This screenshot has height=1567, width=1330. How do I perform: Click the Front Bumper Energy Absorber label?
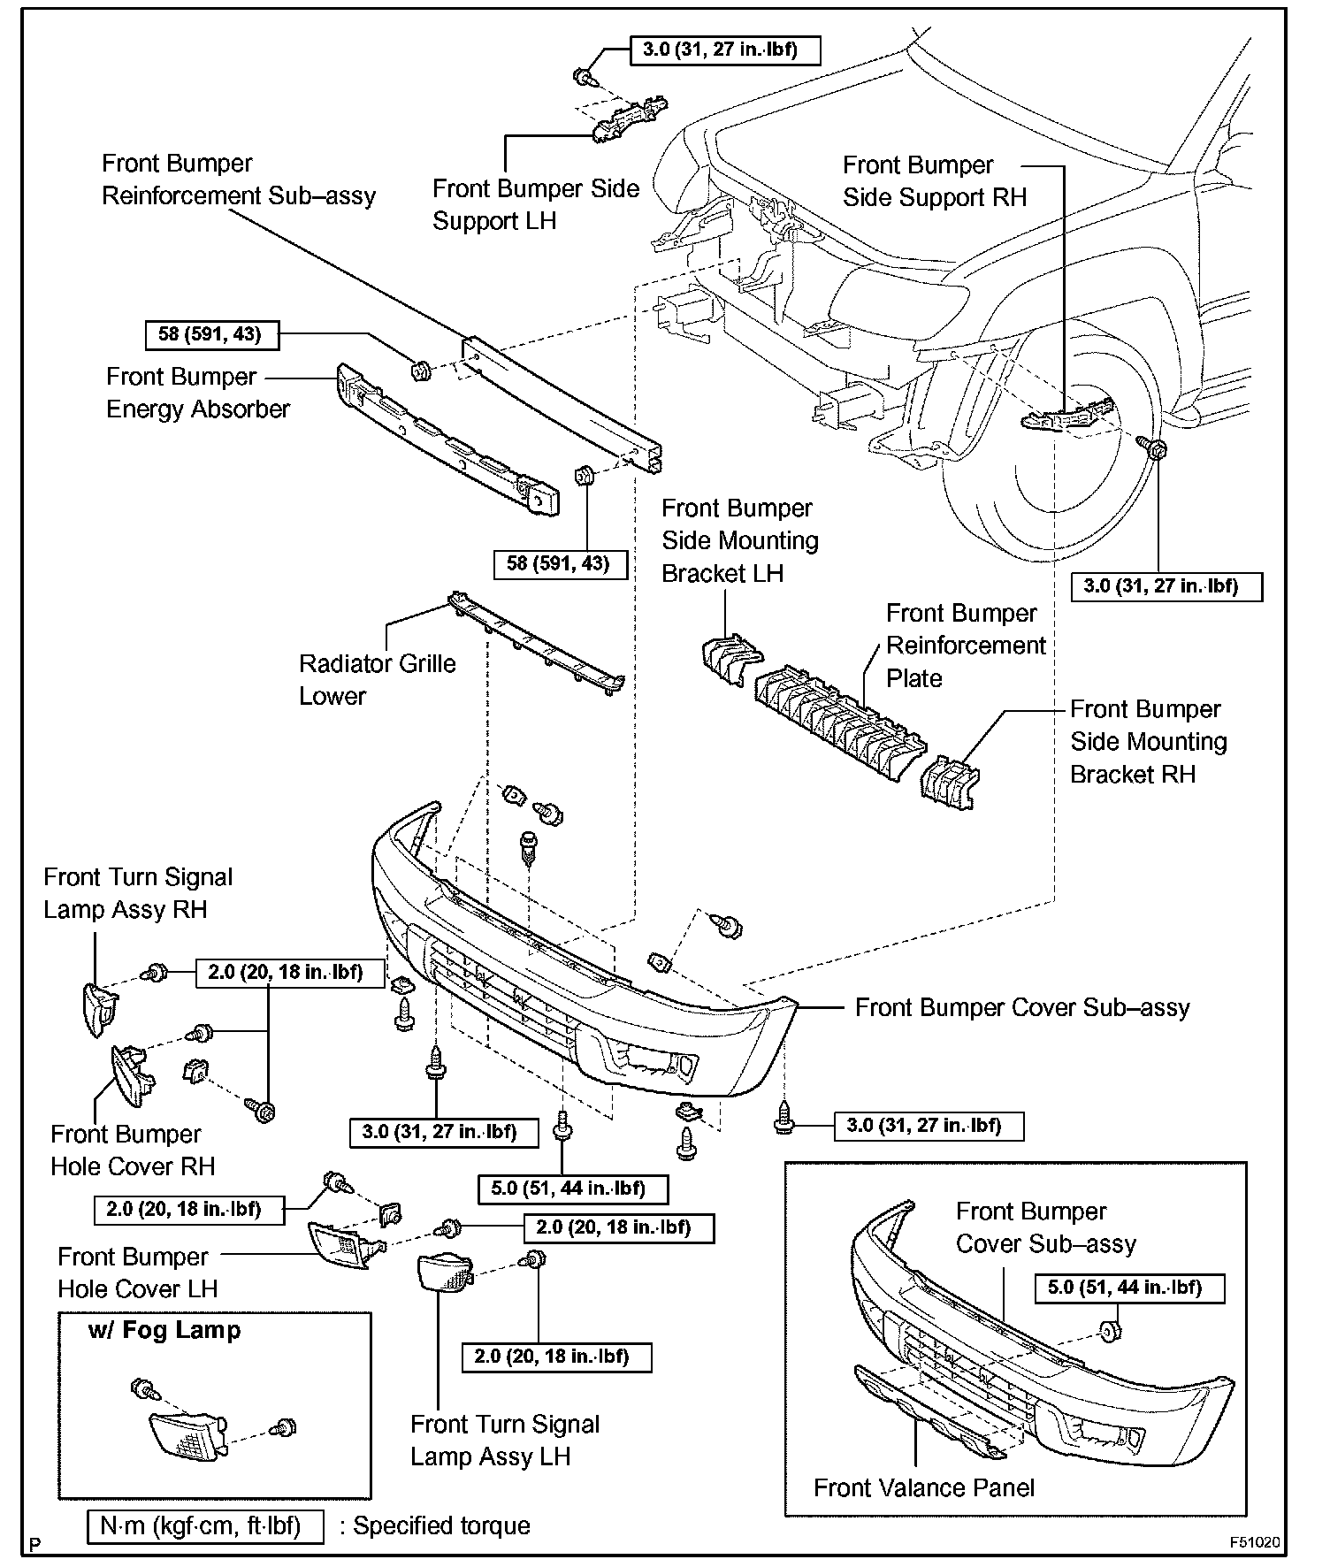pyautogui.click(x=197, y=393)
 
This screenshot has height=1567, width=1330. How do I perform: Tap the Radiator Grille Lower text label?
pyautogui.click(x=377, y=679)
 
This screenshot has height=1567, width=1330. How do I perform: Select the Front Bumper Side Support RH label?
pyautogui.click(x=934, y=181)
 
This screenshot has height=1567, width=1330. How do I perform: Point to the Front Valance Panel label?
pyautogui.click(x=923, y=1487)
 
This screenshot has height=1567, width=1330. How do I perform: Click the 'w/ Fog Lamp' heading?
pyautogui.click(x=164, y=1330)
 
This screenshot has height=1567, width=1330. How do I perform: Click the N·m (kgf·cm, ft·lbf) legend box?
pyautogui.click(x=205, y=1525)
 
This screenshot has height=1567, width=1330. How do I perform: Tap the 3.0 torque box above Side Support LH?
pyautogui.click(x=725, y=50)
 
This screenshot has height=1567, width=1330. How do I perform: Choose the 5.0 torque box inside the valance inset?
pyautogui.click(x=1129, y=1288)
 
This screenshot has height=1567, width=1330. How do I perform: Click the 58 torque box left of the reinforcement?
pyautogui.click(x=210, y=335)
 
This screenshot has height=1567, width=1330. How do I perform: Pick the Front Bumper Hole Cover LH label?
pyautogui.click(x=137, y=1273)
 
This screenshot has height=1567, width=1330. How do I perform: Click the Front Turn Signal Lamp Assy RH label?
pyautogui.click(x=137, y=893)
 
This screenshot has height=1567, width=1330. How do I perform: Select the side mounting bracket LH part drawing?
pyautogui.click(x=730, y=659)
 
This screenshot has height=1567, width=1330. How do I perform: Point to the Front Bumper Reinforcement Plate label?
pyautogui.click(x=966, y=646)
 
